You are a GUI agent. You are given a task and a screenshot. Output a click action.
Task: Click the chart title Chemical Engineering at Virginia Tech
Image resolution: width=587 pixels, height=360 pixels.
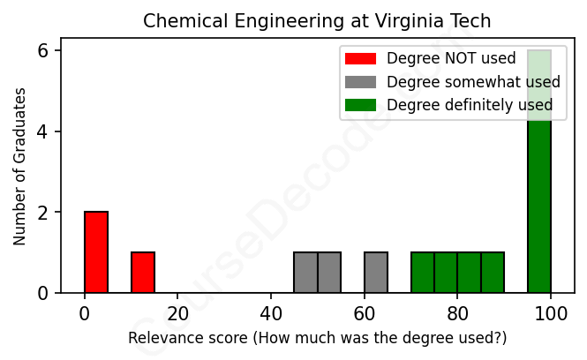coord(317,20)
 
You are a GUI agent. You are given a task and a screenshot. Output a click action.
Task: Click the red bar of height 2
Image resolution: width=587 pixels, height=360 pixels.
coord(96,252)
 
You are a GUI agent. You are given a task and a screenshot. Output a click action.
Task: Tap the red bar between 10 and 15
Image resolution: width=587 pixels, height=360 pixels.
coord(143,273)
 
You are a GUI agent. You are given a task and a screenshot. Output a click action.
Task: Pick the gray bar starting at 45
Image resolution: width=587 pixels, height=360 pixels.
coord(305,273)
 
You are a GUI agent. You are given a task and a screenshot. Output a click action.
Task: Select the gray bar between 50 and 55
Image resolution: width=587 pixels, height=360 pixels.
coord(329,273)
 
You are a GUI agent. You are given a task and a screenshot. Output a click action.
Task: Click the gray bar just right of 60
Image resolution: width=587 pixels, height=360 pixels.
coord(376,273)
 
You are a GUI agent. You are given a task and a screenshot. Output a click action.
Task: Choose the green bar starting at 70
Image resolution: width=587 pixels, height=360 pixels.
coord(423,273)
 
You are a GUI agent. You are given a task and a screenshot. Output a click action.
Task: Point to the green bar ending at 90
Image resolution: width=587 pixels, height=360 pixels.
coord(493,273)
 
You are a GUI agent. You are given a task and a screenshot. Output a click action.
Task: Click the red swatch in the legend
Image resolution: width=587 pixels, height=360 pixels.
coord(360,59)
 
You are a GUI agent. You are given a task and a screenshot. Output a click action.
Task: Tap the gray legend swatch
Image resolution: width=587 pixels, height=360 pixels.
coord(360,82)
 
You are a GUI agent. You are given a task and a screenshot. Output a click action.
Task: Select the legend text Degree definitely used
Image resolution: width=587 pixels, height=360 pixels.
coord(470,105)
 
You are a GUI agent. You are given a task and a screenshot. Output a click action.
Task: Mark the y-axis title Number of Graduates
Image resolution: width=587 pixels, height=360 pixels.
coord(19,166)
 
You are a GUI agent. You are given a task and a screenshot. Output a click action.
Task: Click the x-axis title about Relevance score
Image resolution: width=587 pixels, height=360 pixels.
coord(317,338)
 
